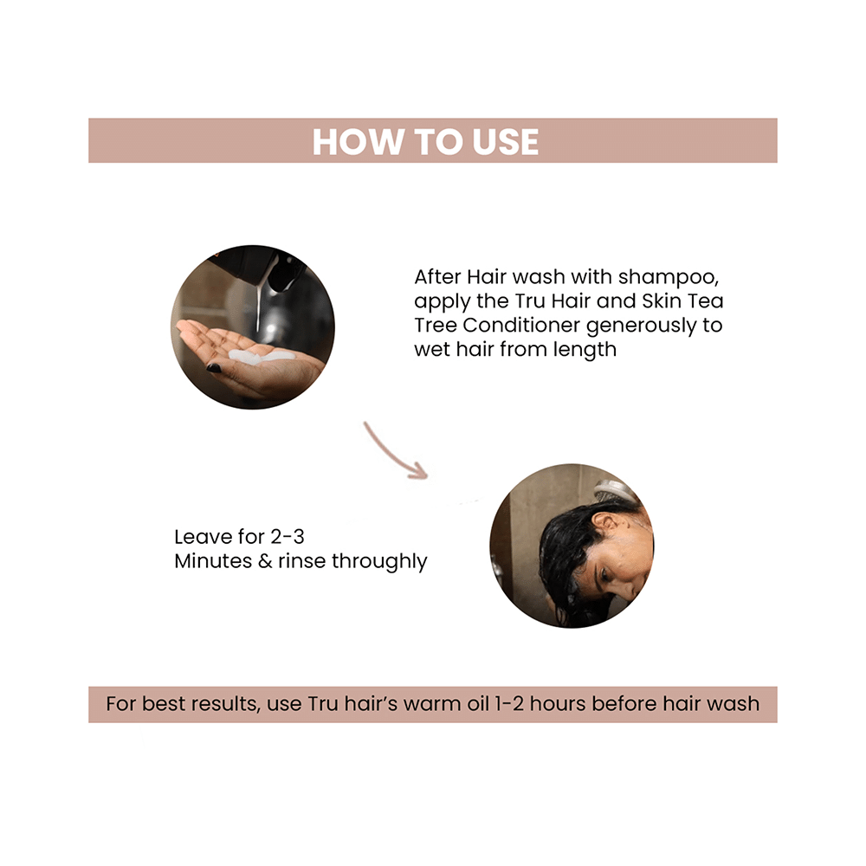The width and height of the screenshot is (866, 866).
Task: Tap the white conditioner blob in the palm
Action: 260,356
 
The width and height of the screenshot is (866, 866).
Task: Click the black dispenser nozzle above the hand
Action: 283,275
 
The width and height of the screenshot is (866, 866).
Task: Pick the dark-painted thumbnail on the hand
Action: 214,368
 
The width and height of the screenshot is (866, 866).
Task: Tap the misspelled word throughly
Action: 377,561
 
